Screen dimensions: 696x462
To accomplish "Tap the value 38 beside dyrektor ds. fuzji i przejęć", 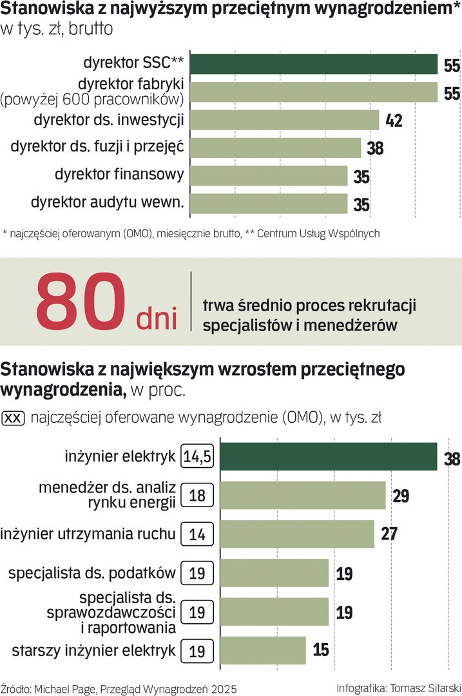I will pyautogui.click(x=375, y=148).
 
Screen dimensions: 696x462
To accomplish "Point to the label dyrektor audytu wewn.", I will pyautogui.click(x=108, y=203).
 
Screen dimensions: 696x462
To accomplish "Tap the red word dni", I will pyautogui.click(x=157, y=318).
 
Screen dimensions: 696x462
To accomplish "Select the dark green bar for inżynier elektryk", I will pyautogui.click(x=329, y=456).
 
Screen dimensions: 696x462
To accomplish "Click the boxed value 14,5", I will pyautogui.click(x=198, y=457).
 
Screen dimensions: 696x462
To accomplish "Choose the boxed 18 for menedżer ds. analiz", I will pyautogui.click(x=198, y=495).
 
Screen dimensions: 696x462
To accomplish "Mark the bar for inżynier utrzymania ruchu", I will pyautogui.click(x=297, y=534).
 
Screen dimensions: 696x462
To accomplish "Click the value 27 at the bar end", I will pyautogui.click(x=389, y=534).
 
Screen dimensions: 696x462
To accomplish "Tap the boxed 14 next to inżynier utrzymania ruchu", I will pyautogui.click(x=198, y=534).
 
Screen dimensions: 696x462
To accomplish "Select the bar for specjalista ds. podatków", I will pyautogui.click(x=274, y=573).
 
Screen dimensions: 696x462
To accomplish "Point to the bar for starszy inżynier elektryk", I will pyautogui.click(x=263, y=650).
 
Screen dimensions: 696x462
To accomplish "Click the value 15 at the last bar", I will pyautogui.click(x=320, y=650).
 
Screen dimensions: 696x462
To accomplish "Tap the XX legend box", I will pyautogui.click(x=14, y=418).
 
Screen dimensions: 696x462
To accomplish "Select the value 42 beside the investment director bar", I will pyautogui.click(x=394, y=121).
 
